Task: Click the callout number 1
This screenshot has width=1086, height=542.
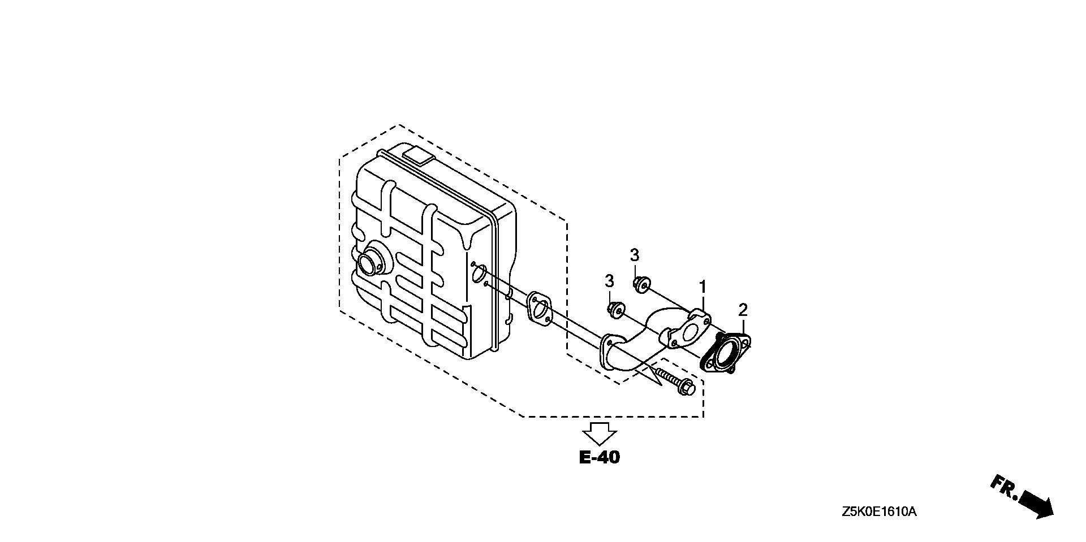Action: point(703,287)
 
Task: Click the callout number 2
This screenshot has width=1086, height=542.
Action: point(743,310)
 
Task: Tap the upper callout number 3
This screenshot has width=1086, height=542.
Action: point(635,255)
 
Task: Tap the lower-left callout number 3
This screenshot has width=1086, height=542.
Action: point(609,281)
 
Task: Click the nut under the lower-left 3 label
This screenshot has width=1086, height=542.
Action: point(615,311)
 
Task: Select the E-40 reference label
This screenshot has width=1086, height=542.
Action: point(600,457)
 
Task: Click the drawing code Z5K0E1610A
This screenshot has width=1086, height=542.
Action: point(878,512)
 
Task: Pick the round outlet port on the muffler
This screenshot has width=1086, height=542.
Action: point(370,262)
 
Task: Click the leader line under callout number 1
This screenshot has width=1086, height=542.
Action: point(703,302)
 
